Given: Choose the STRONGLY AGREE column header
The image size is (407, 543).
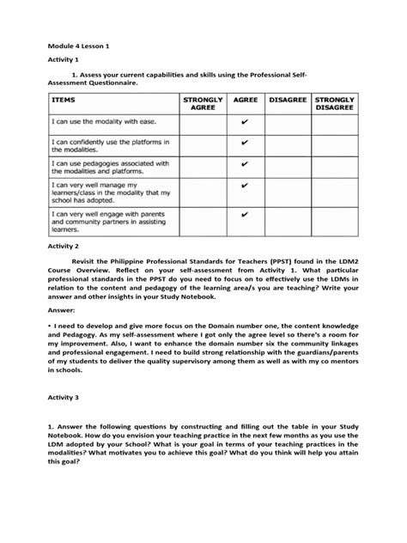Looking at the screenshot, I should click(202, 105).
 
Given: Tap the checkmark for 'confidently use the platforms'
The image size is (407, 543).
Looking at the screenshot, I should click(245, 145).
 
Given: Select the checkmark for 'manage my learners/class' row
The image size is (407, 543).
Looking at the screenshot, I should click(245, 185).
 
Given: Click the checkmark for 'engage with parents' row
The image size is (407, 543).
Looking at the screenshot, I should click(245, 215).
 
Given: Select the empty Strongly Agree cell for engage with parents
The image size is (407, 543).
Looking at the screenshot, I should click(202, 220).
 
